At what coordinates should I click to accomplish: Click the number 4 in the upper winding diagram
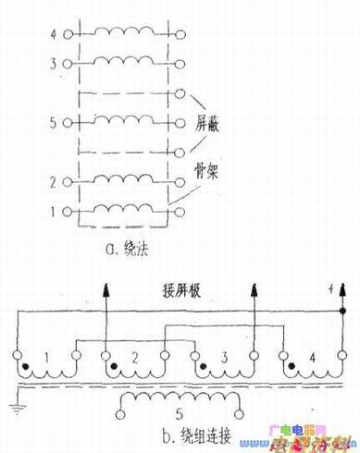point(53,36)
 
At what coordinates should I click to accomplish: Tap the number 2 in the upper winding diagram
point(54,182)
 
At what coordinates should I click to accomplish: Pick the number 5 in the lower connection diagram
point(179,412)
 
